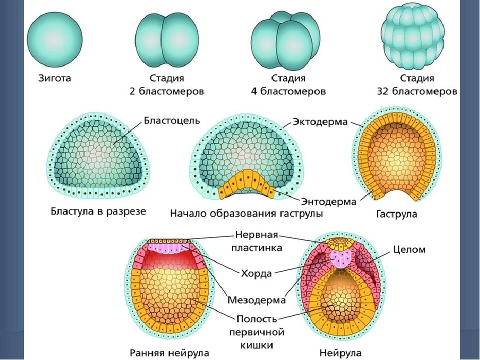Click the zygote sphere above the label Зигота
click(x=54, y=38)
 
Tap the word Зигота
click(x=54, y=78)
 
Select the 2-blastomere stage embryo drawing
click(x=166, y=39)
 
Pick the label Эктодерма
click(x=320, y=122)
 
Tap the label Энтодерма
click(x=328, y=201)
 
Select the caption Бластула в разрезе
click(x=98, y=211)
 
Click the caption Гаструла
click(x=396, y=214)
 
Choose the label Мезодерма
click(x=256, y=300)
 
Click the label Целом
click(x=409, y=249)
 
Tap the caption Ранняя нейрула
click(x=168, y=352)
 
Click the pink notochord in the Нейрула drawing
click(x=342, y=258)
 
